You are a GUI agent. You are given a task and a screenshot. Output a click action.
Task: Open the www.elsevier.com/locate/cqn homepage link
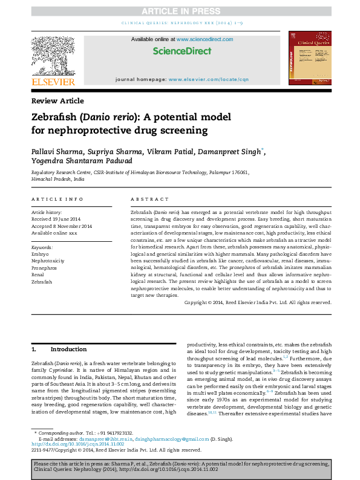point(208,79)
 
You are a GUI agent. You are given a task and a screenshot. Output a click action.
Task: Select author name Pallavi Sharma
point(55,151)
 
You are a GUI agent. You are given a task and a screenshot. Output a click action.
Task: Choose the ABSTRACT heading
point(149,199)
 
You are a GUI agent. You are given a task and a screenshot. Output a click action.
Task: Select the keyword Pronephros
point(44,267)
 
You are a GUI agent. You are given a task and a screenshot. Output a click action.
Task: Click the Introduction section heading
point(68,349)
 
